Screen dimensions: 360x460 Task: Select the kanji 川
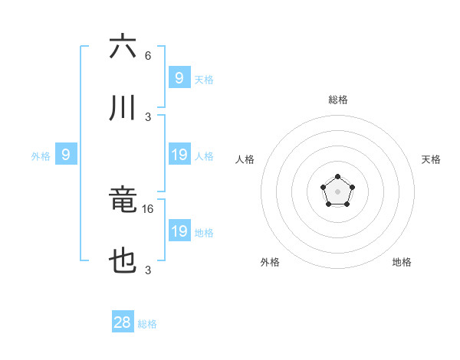tap(123, 108)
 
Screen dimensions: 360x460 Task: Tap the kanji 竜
tap(123, 200)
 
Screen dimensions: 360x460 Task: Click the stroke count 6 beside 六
tap(148, 56)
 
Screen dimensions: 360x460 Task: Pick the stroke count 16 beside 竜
tap(149, 208)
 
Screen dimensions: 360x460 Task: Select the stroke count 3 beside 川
tap(148, 117)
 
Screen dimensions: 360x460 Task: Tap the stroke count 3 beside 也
tap(148, 270)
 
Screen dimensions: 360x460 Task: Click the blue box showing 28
tap(123, 322)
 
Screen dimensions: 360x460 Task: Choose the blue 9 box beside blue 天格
tap(179, 78)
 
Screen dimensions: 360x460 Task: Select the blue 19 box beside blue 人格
tap(179, 155)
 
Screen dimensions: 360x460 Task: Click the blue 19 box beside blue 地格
tap(179, 232)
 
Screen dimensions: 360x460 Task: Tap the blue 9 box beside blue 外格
tap(66, 155)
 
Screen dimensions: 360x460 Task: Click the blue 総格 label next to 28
tap(147, 324)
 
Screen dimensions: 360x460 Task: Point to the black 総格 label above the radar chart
tap(338, 100)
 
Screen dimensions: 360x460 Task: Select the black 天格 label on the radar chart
tap(432, 159)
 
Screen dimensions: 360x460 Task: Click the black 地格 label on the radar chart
tap(402, 262)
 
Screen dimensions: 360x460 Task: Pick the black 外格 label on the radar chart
tap(270, 262)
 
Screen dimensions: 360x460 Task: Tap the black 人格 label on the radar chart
tap(245, 159)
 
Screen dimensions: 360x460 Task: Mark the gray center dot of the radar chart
tap(337, 191)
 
